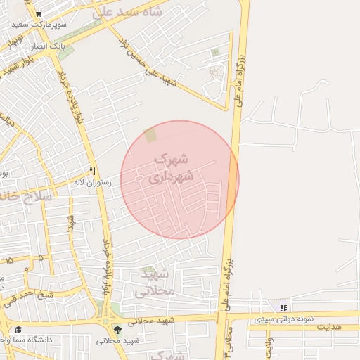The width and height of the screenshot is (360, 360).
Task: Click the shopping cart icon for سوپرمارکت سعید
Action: pyautogui.click(x=38, y=15)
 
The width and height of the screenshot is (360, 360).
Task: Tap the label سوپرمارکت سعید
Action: pyautogui.click(x=39, y=25)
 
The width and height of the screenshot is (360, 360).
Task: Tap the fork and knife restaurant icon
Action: pyautogui.click(x=92, y=172)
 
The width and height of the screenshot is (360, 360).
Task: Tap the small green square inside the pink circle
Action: pyautogui.click(x=151, y=134)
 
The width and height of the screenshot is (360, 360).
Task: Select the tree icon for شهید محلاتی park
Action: pyautogui.click(x=117, y=330)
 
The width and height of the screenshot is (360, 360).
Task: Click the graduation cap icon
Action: pyautogui.click(x=19, y=330)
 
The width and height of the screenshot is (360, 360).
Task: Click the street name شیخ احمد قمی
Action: pyautogui.click(x=28, y=296)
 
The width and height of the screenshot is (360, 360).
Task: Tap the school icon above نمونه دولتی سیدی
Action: pyautogui.click(x=283, y=308)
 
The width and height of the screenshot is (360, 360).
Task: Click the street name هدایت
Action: pyautogui.click(x=328, y=327)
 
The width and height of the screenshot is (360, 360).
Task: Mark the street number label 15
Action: pyautogui.click(x=9, y=261)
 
